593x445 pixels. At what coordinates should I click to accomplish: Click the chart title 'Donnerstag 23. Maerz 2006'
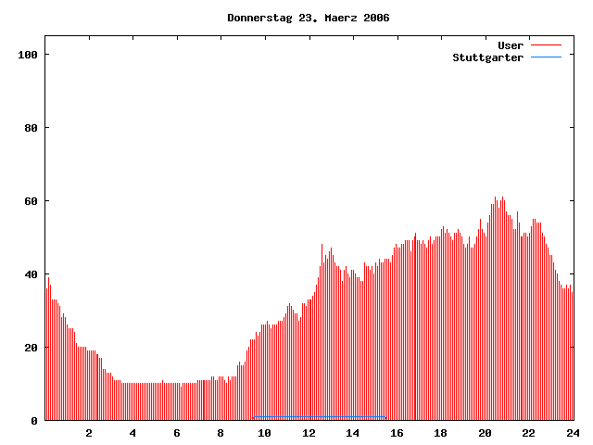pyautogui.click(x=309, y=18)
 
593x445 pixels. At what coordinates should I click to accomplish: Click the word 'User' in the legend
pyautogui.click(x=511, y=45)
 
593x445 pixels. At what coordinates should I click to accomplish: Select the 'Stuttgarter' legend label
pyautogui.click(x=487, y=57)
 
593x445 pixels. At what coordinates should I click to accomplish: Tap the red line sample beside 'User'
pyautogui.click(x=546, y=45)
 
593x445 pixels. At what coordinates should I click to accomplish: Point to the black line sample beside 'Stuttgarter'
pyautogui.click(x=546, y=57)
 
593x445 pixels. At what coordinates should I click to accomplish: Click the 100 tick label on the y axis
pyautogui.click(x=27, y=55)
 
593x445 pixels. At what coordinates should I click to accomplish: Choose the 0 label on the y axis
pyautogui.click(x=34, y=421)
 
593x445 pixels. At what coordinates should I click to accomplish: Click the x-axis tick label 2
pyautogui.click(x=89, y=433)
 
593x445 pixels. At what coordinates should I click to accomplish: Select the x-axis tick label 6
pyautogui.click(x=177, y=433)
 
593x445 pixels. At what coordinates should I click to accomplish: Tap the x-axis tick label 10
pyautogui.click(x=264, y=433)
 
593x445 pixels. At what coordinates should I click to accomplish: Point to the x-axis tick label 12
pyautogui.click(x=309, y=433)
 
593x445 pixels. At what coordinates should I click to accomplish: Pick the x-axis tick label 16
pyautogui.click(x=397, y=433)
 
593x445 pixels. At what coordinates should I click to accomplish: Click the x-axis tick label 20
pyautogui.click(x=485, y=433)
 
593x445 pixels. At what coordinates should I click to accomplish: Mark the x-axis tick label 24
pyautogui.click(x=572, y=433)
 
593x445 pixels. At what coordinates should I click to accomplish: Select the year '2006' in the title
pyautogui.click(x=376, y=18)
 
